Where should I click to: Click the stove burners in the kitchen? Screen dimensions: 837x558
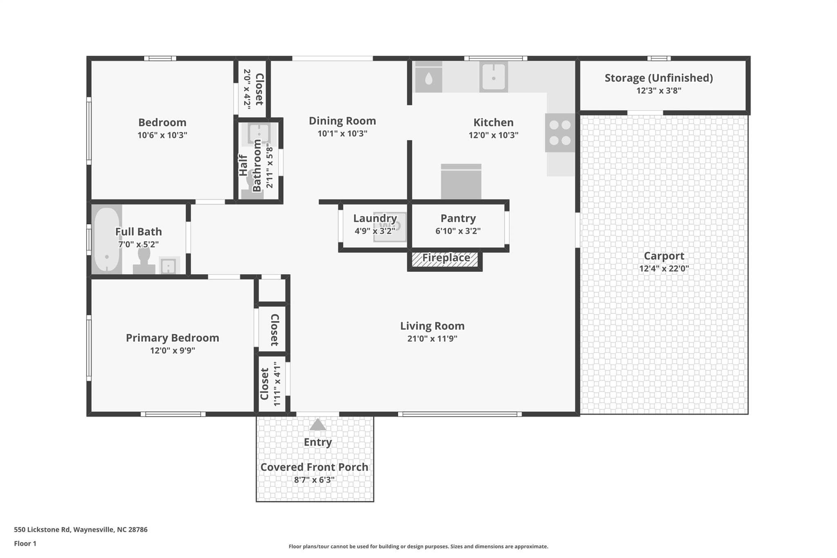point(560,132)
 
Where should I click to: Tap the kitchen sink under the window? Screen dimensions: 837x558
point(493,76)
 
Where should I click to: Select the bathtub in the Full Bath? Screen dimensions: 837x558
point(107,240)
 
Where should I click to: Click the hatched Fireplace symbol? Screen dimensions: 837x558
point(445,259)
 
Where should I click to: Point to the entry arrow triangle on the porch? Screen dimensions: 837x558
point(318,425)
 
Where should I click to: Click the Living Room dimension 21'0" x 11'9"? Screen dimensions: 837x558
point(432,338)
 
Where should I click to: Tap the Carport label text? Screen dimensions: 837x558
point(664,256)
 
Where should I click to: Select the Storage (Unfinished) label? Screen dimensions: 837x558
point(658,78)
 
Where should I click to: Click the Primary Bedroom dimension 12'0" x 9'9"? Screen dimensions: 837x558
point(172,350)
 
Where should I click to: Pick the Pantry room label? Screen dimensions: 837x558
point(458,218)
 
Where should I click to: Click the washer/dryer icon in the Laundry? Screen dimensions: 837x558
point(390,226)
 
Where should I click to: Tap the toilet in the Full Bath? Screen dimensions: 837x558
point(144,260)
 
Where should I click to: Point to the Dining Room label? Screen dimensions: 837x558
point(342,121)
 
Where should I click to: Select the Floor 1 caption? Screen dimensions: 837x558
point(25,543)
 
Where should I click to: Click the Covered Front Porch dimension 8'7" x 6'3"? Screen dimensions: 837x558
point(314,480)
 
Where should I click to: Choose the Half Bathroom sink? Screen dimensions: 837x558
point(259,133)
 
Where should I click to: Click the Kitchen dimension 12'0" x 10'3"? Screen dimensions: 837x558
point(493,135)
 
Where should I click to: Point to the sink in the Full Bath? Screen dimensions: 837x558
point(168,266)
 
